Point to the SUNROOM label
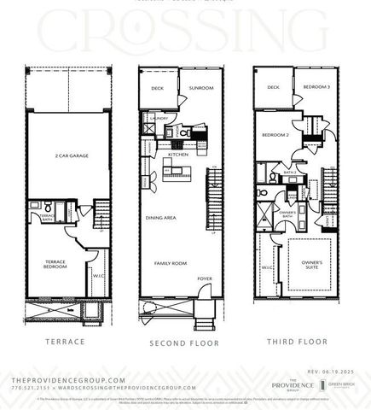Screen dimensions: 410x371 click(201, 87)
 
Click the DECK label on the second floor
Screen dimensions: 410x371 click(157, 87)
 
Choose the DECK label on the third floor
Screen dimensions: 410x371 click(273, 87)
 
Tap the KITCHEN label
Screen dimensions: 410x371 click(178, 155)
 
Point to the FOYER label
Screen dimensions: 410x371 click(205, 278)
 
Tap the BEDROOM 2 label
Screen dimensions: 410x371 click(275, 135)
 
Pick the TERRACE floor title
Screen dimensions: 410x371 click(67, 342)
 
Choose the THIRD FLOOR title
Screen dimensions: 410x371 click(297, 342)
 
